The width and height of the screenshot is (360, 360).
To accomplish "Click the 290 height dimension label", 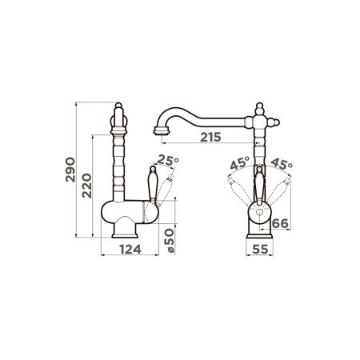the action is click(70, 170).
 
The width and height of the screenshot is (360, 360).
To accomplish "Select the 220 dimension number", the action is click(86, 186).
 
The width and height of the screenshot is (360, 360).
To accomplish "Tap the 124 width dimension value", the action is click(130, 250).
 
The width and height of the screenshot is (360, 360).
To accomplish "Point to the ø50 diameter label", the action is click(170, 241).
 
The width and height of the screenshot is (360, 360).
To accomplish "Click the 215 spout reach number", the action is click(210, 137).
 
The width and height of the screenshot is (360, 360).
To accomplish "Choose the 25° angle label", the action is click(167, 160).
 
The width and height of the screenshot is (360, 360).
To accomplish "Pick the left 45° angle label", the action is click(240, 163).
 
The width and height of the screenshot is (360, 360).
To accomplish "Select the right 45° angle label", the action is click(282, 164).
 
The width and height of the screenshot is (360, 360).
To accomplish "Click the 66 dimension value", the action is click(280, 223).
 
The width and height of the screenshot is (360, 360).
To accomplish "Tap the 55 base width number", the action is click(260, 250).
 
